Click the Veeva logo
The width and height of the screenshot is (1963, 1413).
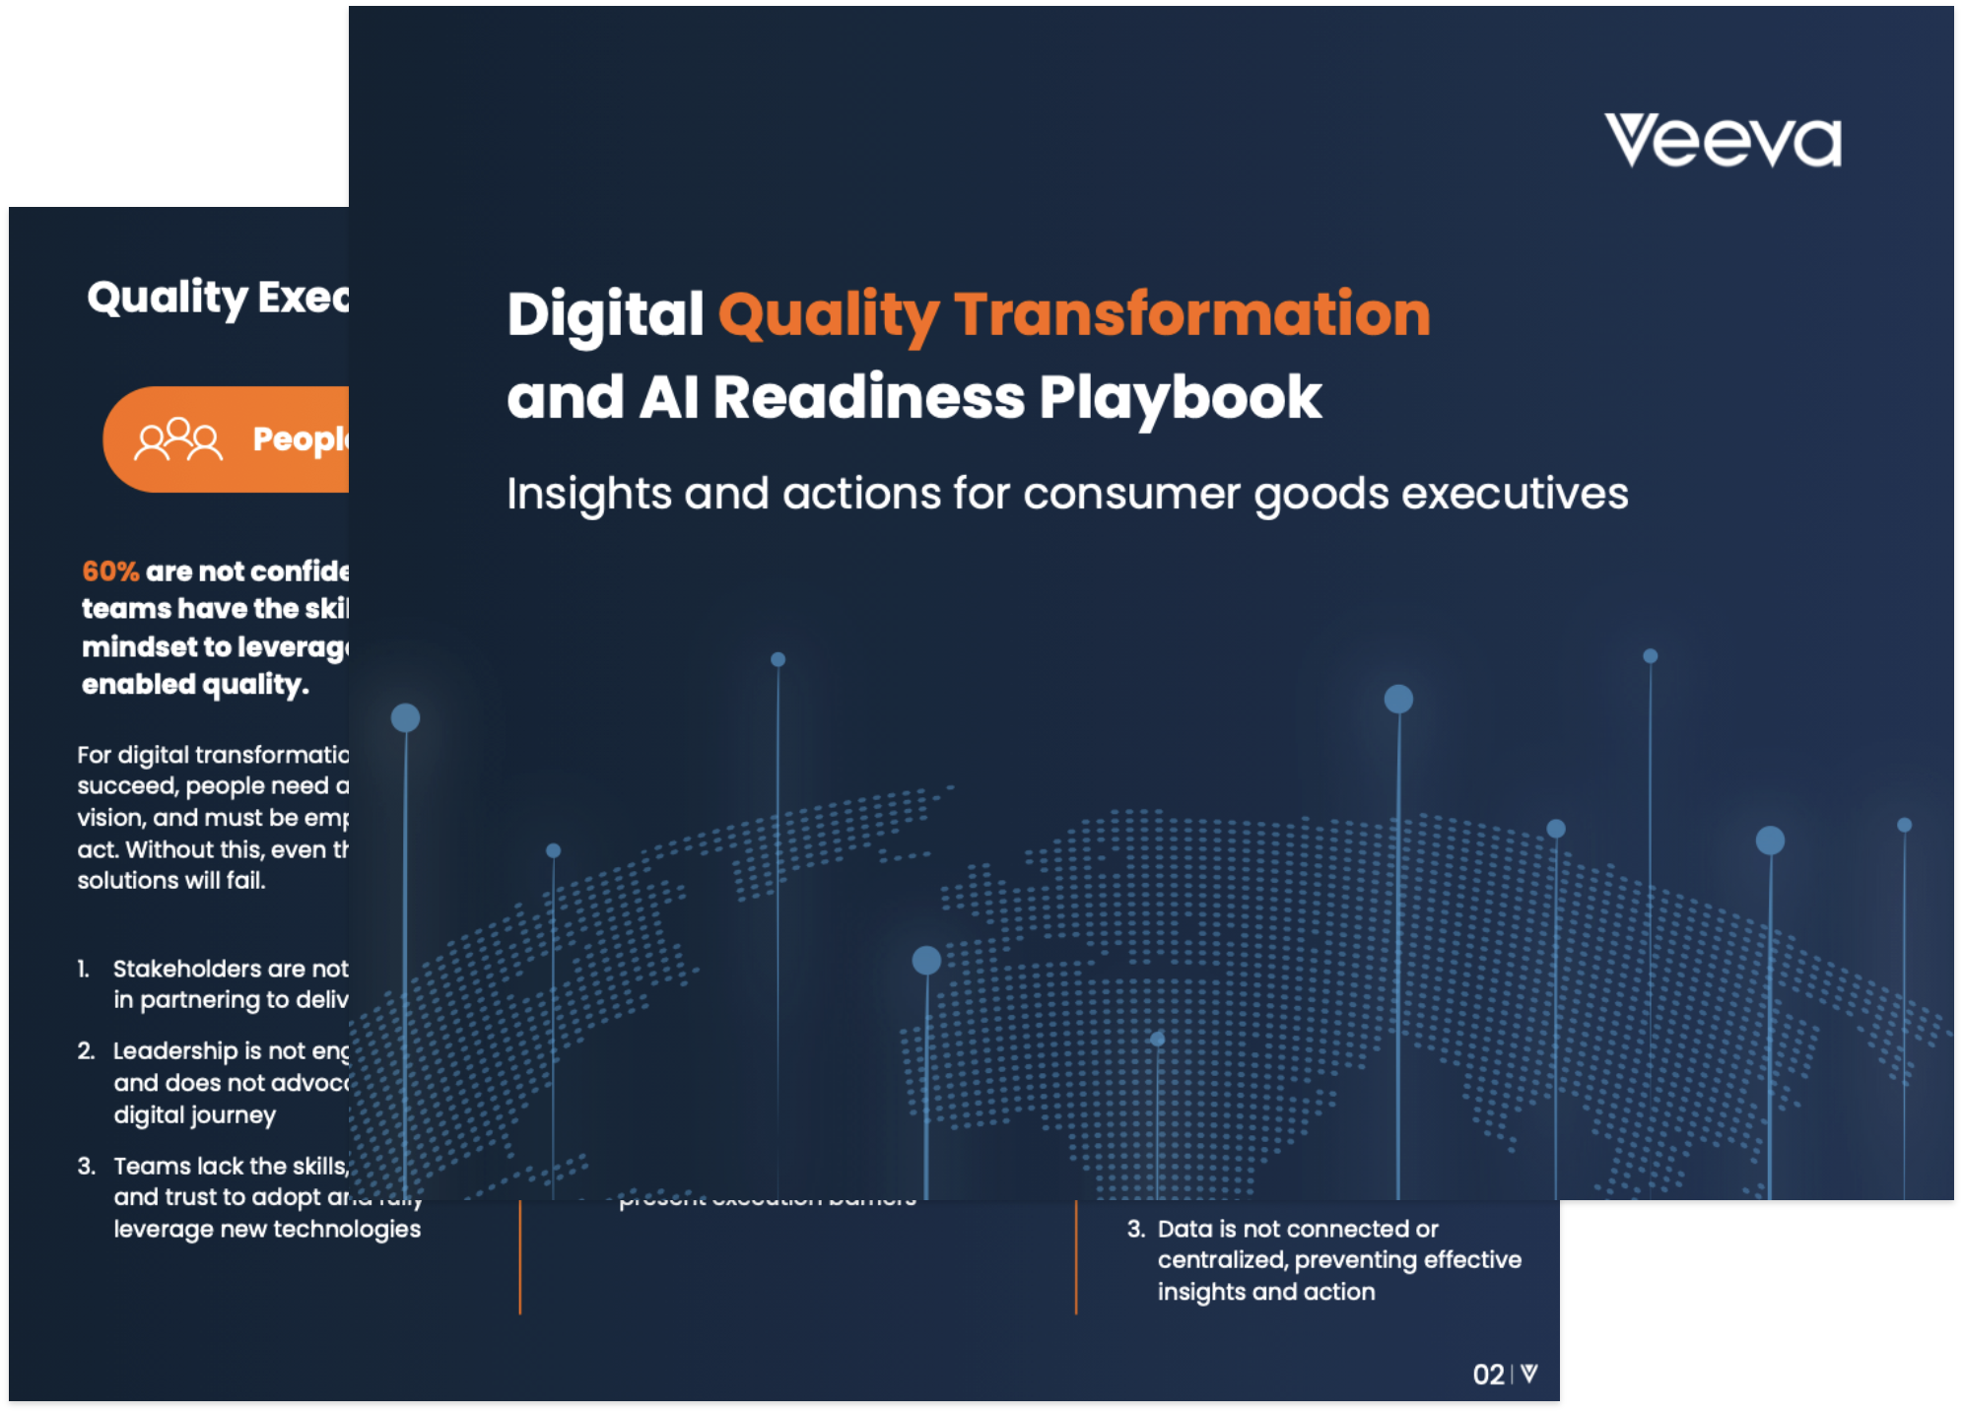coord(1723,141)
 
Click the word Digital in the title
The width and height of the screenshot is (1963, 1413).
coord(605,315)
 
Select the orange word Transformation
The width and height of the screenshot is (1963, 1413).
coord(1191,315)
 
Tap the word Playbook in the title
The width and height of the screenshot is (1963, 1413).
coord(1180,398)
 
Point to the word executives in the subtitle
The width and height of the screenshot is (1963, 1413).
coord(1515,494)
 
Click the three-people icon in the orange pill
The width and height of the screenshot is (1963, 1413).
coord(177,439)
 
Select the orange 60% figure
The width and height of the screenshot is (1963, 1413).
coord(110,572)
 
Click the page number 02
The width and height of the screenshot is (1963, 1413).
coord(1488,1375)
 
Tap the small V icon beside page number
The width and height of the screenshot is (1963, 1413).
coord(1529,1374)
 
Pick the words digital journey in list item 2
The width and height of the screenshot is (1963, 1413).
coord(194,1115)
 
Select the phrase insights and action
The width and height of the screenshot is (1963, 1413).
coord(1265,1292)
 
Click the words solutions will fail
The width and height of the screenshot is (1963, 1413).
coord(171,881)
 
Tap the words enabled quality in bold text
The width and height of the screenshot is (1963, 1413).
coord(194,685)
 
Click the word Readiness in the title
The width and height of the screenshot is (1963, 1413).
coord(868,398)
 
